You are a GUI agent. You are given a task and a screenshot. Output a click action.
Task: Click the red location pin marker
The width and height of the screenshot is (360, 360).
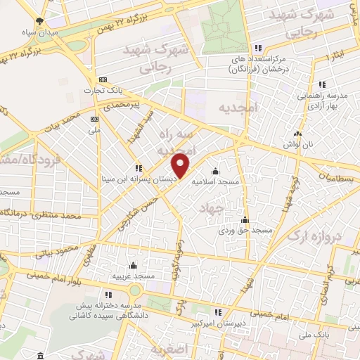[181, 165]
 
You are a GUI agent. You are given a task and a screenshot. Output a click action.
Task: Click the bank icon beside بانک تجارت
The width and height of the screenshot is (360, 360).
[102, 79]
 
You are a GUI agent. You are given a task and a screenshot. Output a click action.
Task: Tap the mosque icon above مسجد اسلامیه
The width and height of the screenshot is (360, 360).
[215, 172]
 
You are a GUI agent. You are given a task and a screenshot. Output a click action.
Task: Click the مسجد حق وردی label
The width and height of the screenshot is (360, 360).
[244, 230]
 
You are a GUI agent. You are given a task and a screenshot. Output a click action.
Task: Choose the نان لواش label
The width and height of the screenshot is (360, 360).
[298, 143]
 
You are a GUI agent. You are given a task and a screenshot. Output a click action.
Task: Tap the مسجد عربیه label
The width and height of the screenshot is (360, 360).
[132, 276]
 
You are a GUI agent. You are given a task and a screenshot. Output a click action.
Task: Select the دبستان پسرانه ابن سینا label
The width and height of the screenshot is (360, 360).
[144, 179]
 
